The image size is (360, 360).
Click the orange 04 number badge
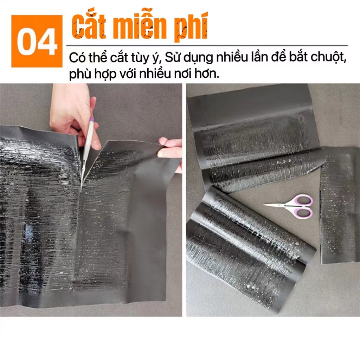click(x=37, y=41)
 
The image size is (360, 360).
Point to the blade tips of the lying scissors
click(x=266, y=205)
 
